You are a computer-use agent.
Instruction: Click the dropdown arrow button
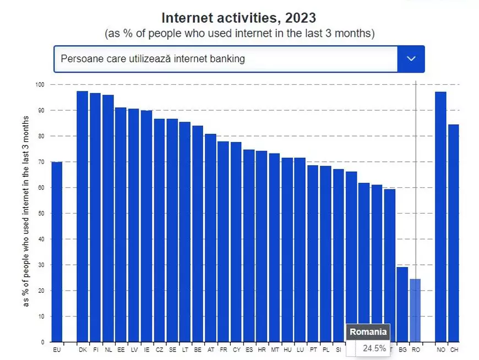click(411, 59)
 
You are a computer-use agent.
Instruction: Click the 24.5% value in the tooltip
click(374, 348)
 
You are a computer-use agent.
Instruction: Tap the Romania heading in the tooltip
click(368, 332)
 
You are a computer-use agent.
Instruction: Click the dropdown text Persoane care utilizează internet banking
click(153, 59)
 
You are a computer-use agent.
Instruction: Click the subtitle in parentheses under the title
click(239, 34)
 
